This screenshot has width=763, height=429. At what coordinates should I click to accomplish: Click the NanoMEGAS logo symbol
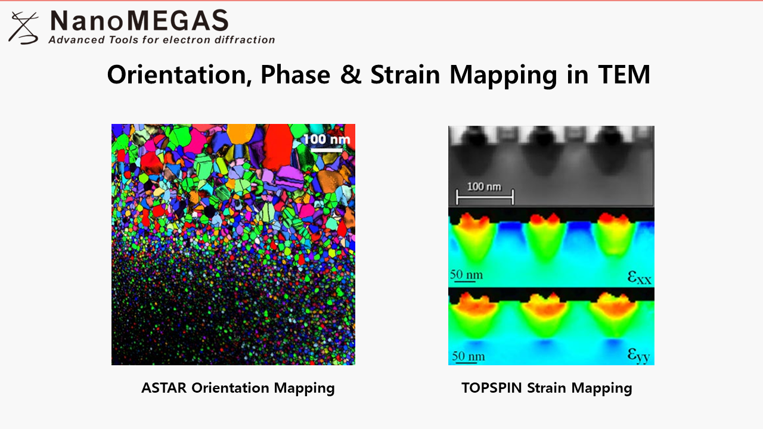click(x=23, y=28)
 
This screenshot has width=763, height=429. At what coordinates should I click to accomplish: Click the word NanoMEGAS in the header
click(x=139, y=20)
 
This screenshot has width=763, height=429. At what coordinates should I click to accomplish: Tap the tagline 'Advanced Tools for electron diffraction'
click(x=162, y=40)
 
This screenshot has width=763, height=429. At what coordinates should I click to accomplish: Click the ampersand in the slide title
click(x=351, y=74)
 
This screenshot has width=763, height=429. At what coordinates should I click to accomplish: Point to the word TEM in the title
click(x=624, y=74)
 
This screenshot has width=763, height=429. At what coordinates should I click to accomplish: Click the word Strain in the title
click(x=405, y=74)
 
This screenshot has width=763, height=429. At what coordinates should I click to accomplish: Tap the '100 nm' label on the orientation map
click(x=327, y=139)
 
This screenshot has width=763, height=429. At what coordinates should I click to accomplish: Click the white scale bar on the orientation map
click(x=326, y=150)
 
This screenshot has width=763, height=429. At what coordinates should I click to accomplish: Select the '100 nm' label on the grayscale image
click(x=484, y=186)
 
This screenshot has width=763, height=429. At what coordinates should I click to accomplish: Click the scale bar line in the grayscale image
click(x=485, y=197)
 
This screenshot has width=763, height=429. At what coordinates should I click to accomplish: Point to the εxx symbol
click(x=639, y=277)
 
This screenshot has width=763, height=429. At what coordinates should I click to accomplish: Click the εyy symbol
click(x=638, y=356)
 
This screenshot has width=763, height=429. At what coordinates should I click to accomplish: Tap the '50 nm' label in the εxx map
click(x=466, y=275)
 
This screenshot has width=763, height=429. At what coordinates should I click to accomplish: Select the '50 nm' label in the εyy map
click(x=468, y=356)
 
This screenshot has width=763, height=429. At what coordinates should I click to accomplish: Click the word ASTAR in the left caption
click(x=164, y=388)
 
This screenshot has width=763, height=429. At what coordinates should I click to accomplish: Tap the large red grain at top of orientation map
click(x=278, y=146)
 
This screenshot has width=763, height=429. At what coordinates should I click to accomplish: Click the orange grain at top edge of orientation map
click(x=241, y=133)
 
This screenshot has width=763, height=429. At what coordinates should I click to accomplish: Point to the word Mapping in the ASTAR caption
click(x=304, y=388)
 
